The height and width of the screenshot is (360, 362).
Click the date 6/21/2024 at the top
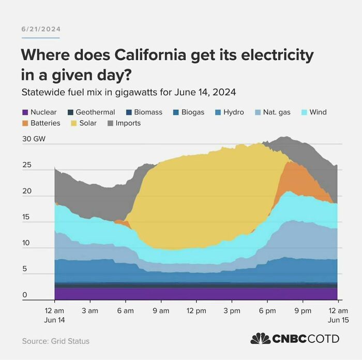tap(40, 29)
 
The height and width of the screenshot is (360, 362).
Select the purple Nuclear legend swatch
tap(25, 112)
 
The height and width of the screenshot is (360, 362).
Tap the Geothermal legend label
tap(95, 112)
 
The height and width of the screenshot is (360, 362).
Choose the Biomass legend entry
tap(148, 112)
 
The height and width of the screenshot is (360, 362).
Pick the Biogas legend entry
tap(192, 112)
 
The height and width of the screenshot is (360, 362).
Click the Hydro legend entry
tap(233, 112)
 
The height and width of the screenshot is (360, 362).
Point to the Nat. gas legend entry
tap(276, 112)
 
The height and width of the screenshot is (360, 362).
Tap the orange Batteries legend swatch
tap(25, 123)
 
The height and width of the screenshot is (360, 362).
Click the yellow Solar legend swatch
tap(73, 123)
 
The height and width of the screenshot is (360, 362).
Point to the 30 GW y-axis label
tap(34, 140)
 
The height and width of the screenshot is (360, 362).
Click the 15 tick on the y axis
tap(26, 217)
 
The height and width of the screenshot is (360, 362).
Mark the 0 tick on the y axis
tap(24, 295)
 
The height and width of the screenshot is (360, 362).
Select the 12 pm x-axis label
tap(197, 310)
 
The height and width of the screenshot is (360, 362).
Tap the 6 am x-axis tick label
tap(125, 310)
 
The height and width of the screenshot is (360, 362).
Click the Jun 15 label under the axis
tap(338, 320)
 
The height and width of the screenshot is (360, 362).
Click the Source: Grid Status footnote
tap(55, 341)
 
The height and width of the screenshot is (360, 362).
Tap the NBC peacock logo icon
tap(260, 339)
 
